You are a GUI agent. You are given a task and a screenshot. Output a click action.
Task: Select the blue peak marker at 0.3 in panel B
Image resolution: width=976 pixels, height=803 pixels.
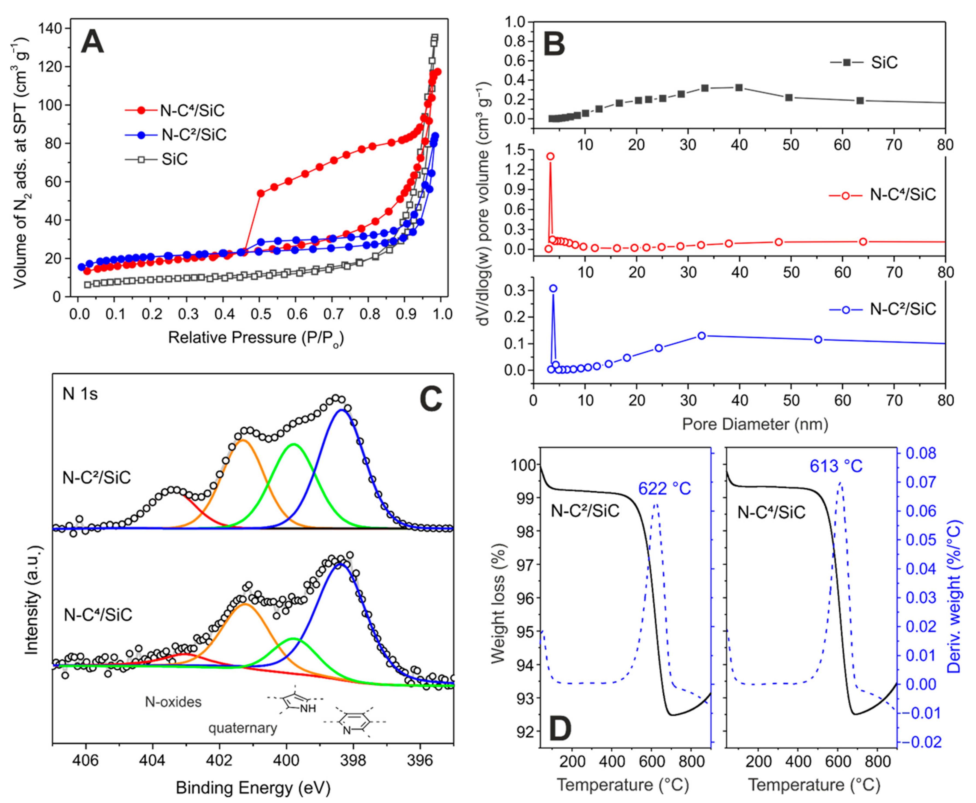tap(553, 289)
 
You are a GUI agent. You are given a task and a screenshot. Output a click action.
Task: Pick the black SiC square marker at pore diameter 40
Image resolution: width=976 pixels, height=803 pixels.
tap(739, 87)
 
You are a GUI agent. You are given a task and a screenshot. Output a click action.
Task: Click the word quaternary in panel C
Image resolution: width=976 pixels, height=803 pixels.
tap(243, 728)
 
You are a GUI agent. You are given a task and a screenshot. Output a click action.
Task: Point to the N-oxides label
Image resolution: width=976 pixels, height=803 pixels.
tap(174, 702)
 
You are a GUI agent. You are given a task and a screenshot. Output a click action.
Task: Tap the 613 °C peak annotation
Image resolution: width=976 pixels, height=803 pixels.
tap(836, 466)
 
